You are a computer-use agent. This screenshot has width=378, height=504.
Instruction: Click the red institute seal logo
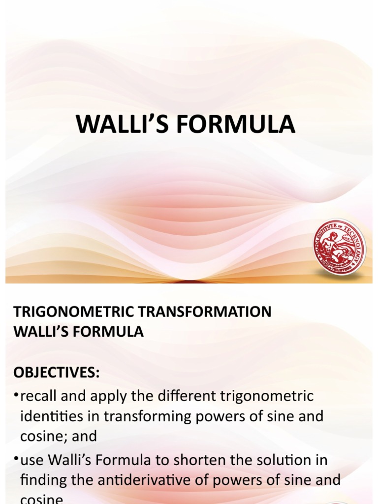pyautogui.click(x=339, y=248)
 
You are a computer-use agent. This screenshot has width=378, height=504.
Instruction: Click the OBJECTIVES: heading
pyautogui.click(x=56, y=373)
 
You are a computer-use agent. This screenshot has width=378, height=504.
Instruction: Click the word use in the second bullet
pyautogui.click(x=31, y=461)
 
